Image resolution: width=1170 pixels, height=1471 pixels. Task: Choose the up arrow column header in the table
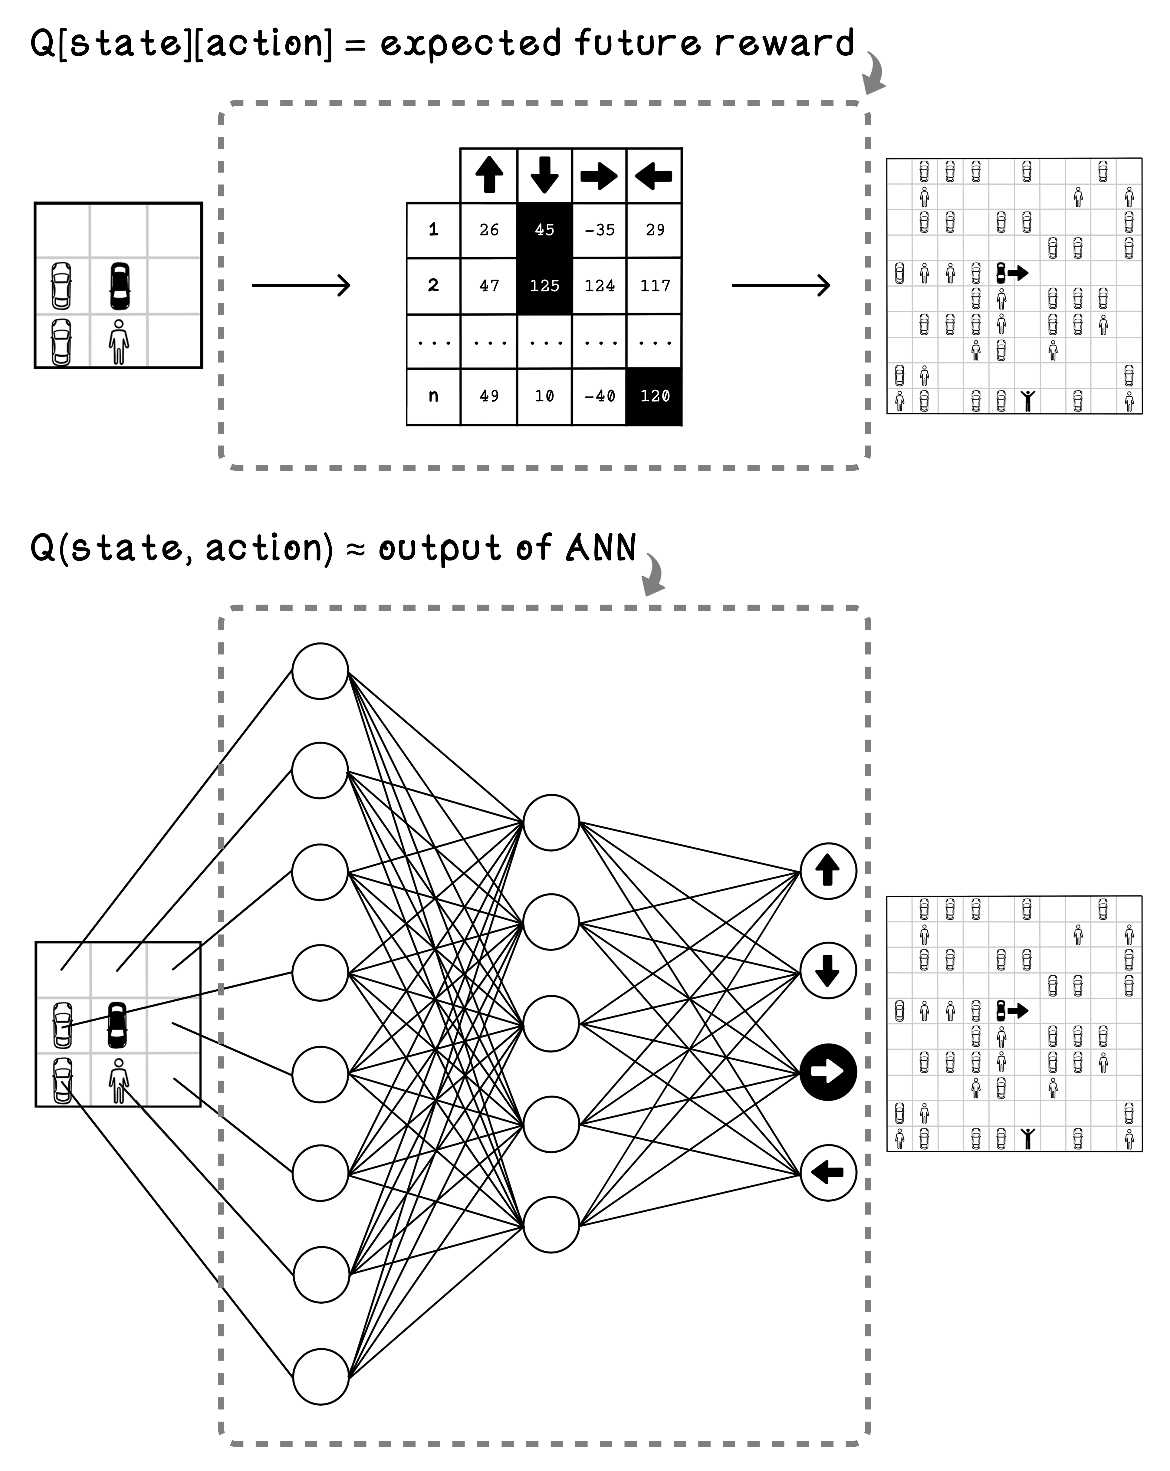pyautogui.click(x=488, y=175)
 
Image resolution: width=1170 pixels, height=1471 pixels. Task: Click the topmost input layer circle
pyautogui.click(x=320, y=671)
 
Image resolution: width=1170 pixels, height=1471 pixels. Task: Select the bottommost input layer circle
pyautogui.click(x=320, y=1376)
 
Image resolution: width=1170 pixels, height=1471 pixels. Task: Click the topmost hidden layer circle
pyautogui.click(x=550, y=822)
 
